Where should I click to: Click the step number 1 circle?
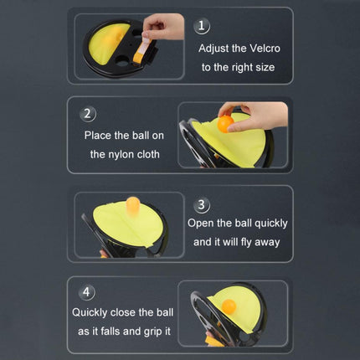[x=202, y=26]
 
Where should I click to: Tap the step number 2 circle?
[x=88, y=114]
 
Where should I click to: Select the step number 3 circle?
[x=202, y=204]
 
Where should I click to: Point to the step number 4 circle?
[x=87, y=292]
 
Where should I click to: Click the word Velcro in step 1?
[x=265, y=49]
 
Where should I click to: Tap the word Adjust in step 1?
[x=213, y=49]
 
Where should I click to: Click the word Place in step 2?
[x=98, y=136]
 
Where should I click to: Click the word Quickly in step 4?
[x=90, y=312]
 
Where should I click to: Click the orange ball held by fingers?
[x=225, y=124]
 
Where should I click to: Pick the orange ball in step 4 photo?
[x=229, y=306]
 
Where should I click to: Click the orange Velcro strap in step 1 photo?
[x=141, y=52]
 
